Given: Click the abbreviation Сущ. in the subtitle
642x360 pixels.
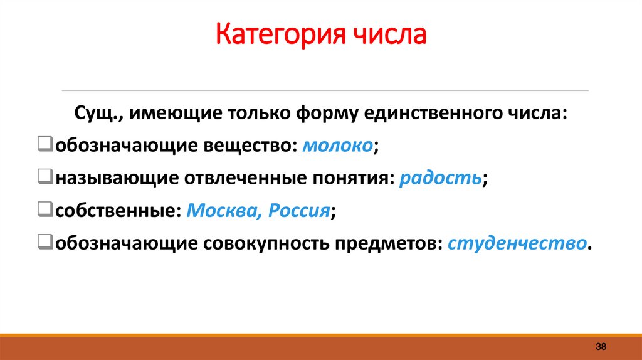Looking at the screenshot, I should coord(93,114).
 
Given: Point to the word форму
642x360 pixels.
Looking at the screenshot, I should coord(332,114).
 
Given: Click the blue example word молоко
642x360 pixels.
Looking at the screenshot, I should coord(337,146).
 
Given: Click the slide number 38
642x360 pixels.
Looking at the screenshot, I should coord(600,347).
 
